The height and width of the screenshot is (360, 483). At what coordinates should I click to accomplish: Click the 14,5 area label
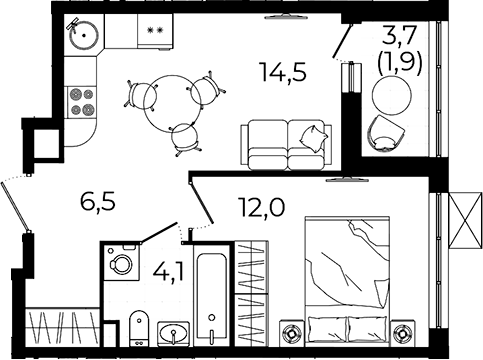pyautogui.click(x=284, y=72)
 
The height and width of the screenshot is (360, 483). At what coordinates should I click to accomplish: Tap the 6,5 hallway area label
pyautogui.click(x=98, y=202)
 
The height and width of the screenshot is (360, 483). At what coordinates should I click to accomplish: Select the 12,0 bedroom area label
pyautogui.click(x=261, y=207)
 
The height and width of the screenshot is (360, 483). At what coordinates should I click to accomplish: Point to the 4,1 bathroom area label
pyautogui.click(x=169, y=272)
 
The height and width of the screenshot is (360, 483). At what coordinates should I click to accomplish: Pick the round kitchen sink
pyautogui.click(x=84, y=35)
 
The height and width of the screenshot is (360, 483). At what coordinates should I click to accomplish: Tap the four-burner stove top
pyautogui.click(x=82, y=102)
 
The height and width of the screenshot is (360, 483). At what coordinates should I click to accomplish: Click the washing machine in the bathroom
pyautogui.click(x=121, y=262)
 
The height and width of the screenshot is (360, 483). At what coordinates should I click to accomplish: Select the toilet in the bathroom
pyautogui.click(x=139, y=328)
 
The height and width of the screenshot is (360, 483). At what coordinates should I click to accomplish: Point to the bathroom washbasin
pyautogui.click(x=173, y=333)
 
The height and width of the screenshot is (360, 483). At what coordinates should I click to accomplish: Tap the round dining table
pyautogui.click(x=172, y=104)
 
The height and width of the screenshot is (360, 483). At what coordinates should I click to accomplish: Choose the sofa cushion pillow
pyautogui.click(x=314, y=139)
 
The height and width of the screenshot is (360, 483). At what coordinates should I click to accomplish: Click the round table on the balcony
pyautogui.click(x=392, y=95)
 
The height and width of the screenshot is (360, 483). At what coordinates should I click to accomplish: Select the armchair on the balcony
pyautogui.click(x=386, y=134)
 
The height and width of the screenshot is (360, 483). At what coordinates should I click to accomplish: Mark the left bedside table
pyautogui.click(x=291, y=333)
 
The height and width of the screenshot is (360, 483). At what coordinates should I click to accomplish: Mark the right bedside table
pyautogui.click(x=403, y=333)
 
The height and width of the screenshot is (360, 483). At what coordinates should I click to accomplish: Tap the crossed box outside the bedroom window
pyautogui.click(x=466, y=221)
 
